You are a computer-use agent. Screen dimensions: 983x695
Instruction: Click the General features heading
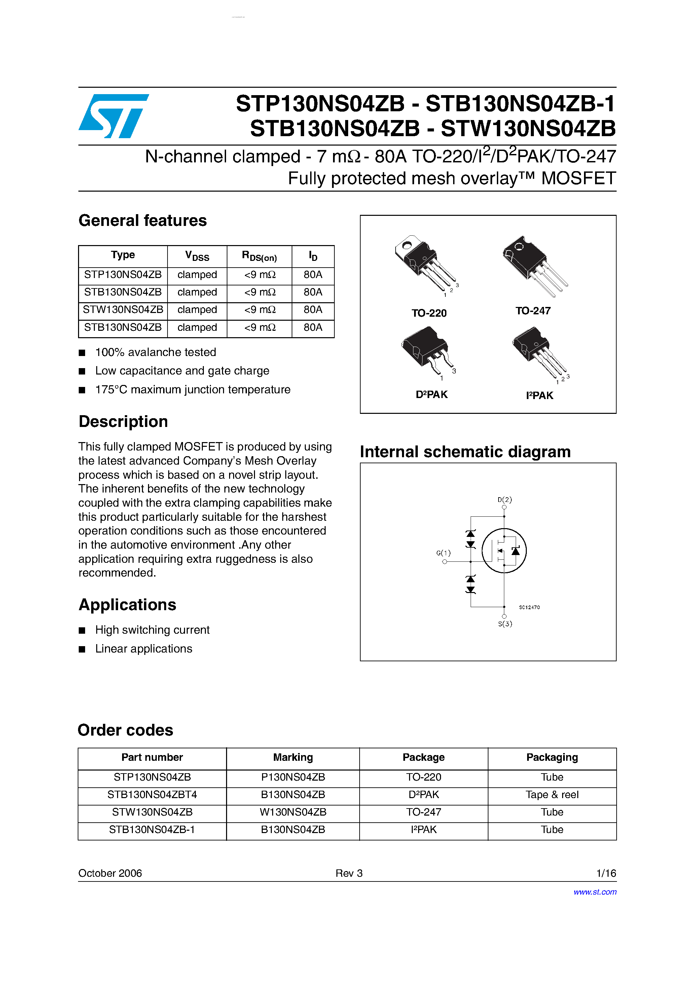pos(142,221)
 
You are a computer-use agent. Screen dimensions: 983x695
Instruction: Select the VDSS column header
pos(197,256)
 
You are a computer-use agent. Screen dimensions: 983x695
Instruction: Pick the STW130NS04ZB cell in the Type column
pos(123,310)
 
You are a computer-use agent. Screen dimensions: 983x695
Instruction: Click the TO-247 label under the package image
pos(533,311)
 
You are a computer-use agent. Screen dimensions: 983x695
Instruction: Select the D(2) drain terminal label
pos(504,500)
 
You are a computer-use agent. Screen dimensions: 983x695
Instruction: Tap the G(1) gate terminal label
pos(443,553)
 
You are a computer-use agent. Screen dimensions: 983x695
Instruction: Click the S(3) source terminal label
pos(505,624)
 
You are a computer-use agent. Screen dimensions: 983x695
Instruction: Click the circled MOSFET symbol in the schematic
pos(504,551)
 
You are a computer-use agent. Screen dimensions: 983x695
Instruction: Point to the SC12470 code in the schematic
pos(529,607)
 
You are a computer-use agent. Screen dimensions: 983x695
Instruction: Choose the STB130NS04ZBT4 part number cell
pos(152,795)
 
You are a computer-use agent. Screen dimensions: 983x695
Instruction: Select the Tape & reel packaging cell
pos(552,795)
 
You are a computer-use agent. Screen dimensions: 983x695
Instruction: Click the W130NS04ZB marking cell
pos(293,812)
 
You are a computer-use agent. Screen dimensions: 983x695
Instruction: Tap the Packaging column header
pos(552,757)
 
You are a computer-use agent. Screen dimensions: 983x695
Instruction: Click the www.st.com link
pos(595,892)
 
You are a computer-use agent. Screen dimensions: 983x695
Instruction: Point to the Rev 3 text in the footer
pos(349,873)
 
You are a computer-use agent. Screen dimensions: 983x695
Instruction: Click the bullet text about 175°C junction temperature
pos(192,390)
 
